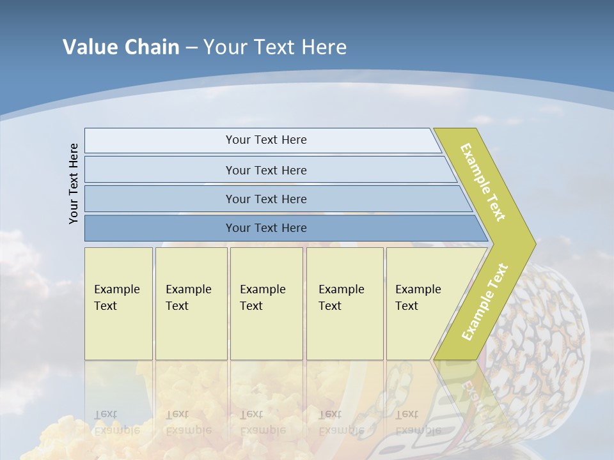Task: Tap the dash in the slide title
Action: [x=192, y=48]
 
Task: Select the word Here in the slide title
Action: [x=324, y=47]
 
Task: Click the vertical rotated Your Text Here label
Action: [x=74, y=183]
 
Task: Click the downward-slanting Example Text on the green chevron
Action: [x=483, y=182]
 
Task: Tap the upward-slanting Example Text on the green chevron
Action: [x=485, y=302]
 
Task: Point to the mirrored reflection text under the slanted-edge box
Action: [x=417, y=422]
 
